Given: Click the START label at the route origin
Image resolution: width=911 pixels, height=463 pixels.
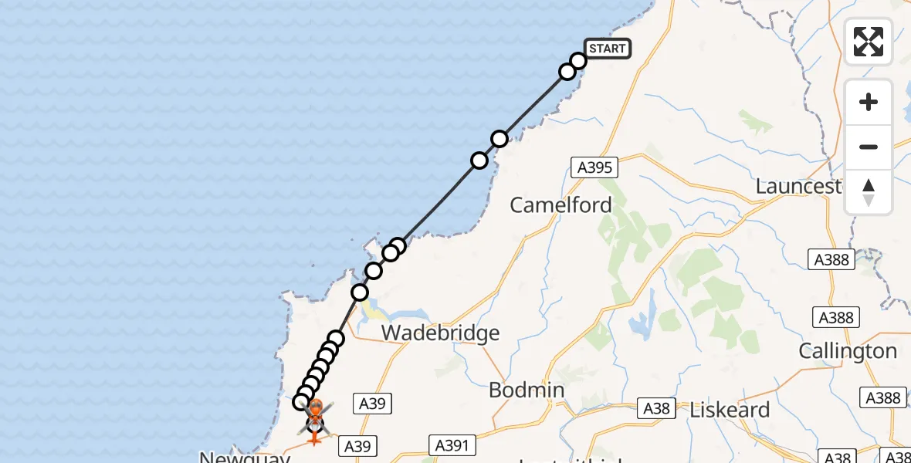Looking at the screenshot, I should point(607,49).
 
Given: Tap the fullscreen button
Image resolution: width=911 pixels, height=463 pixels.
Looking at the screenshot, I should point(869,42).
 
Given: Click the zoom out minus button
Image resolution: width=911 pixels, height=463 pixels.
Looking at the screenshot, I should point(869,147).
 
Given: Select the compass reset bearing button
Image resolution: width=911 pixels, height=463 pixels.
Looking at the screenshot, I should point(869,192).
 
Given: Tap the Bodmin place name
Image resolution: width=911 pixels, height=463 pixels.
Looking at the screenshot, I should point(527,390).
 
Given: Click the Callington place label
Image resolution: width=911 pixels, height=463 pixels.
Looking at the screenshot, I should point(848,352).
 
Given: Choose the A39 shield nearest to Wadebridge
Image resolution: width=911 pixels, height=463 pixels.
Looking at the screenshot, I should point(374,403).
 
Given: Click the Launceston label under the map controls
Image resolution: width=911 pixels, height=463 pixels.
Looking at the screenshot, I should point(798,186).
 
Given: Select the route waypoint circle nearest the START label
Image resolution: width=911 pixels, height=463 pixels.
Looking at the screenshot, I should point(578,61).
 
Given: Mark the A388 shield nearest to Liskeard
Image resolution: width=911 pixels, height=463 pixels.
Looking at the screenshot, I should point(882,397).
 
